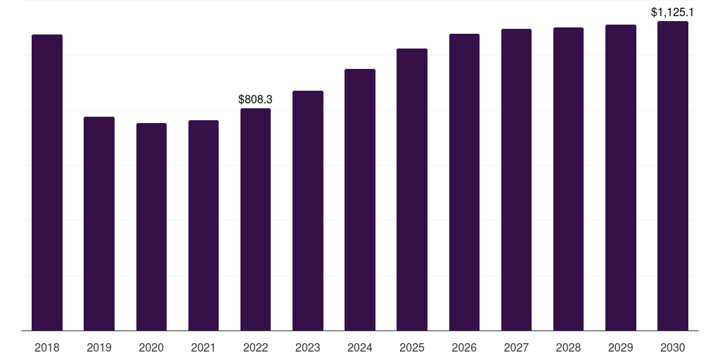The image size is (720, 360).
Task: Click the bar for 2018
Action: tap(47, 182)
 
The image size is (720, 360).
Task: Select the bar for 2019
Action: tap(99, 224)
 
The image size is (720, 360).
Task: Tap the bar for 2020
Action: tap(151, 226)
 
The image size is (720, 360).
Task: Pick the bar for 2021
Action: tap(203, 225)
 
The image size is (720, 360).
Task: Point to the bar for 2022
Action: tap(255, 219)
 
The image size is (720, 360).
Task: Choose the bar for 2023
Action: tap(308, 210)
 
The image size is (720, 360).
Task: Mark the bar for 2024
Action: tap(360, 200)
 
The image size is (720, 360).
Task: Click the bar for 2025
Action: tap(412, 189)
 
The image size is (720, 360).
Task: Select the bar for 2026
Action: tap(464, 182)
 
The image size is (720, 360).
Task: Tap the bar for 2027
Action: tap(516, 179)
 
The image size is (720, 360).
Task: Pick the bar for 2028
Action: tap(568, 179)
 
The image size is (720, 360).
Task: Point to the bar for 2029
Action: tap(621, 177)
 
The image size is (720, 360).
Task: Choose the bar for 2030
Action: tap(673, 176)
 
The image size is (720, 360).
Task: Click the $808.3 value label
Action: tap(255, 100)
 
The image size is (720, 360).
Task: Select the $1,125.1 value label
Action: tap(673, 12)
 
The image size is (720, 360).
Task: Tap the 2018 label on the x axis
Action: tap(47, 347)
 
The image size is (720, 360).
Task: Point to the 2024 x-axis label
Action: tap(360, 347)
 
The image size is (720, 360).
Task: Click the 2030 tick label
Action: tap(673, 347)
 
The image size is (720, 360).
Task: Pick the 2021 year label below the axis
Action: tap(203, 347)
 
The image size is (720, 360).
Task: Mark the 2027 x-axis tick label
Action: tap(516, 347)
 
